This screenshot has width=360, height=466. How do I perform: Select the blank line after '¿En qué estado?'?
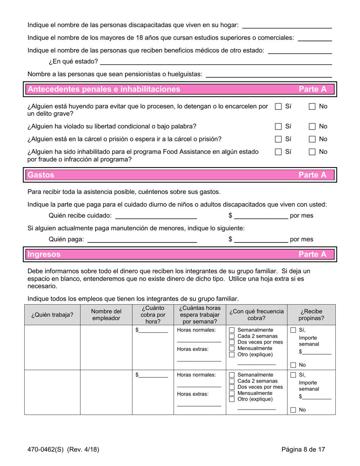click(216, 61)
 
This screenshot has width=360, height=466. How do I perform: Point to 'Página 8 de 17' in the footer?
click(303, 450)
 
